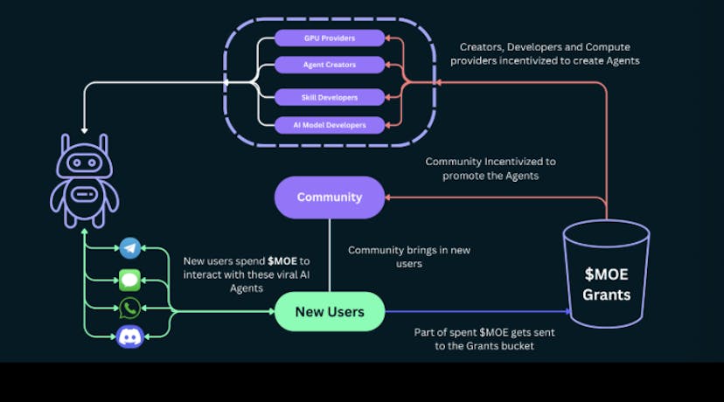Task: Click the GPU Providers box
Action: click(329, 38)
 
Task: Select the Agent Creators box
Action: click(329, 65)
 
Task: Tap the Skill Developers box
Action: click(329, 96)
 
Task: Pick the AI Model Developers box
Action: click(329, 126)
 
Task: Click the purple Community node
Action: click(329, 197)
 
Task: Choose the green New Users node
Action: click(329, 312)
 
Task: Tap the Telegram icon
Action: click(130, 248)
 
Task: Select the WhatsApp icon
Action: click(130, 308)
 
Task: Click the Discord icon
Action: click(130, 336)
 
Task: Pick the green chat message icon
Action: click(130, 280)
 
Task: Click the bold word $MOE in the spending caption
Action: click(283, 261)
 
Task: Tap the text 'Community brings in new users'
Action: click(408, 256)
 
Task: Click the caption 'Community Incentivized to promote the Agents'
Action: click(490, 169)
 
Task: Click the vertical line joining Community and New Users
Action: click(329, 253)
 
